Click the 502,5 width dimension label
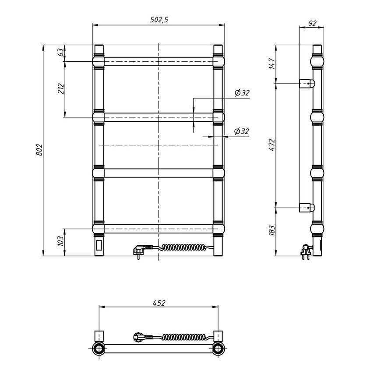tap(159, 19)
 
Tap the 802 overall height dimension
tap(39, 150)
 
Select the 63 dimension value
tap(61, 52)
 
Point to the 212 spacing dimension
tap(61, 89)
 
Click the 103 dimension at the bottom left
tap(61, 241)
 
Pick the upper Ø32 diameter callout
tap(242, 92)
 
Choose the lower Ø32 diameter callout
tap(242, 131)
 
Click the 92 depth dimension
tap(313, 23)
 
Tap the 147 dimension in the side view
tap(272, 63)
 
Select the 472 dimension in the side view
tap(272, 145)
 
